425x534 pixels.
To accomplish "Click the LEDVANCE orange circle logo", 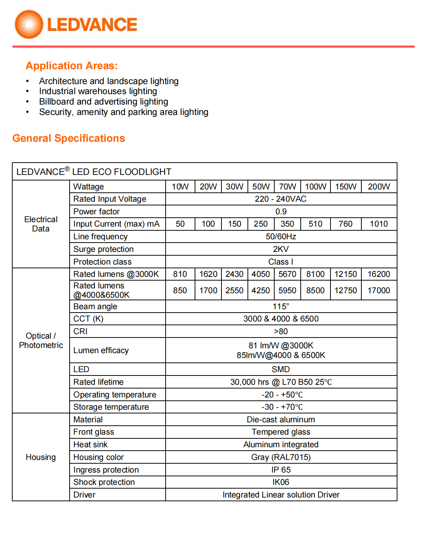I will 29,25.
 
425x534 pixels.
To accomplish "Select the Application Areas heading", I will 71,66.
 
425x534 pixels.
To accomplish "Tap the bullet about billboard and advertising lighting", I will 103,102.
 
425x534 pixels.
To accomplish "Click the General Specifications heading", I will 68,138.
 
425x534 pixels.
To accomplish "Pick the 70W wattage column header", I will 287,186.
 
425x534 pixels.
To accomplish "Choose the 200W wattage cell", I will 378,186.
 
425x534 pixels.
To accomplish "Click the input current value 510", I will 315,224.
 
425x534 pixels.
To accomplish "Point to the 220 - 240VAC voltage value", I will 281,199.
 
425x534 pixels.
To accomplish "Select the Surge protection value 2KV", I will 281,249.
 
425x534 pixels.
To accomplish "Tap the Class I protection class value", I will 281,262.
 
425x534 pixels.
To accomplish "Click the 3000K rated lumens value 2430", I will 234,274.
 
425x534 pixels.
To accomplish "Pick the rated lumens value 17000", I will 378,291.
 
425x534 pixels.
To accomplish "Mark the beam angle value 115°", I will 281,307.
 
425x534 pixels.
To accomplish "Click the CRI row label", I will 80,332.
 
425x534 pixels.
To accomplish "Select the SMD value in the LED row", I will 281,370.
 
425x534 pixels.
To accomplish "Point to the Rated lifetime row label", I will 98,382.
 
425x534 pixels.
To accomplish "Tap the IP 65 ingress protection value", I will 281,470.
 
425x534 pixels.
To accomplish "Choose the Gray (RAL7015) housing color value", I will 281,457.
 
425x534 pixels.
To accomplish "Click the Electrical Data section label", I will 41,224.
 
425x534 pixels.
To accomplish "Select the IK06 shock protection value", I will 281,482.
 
